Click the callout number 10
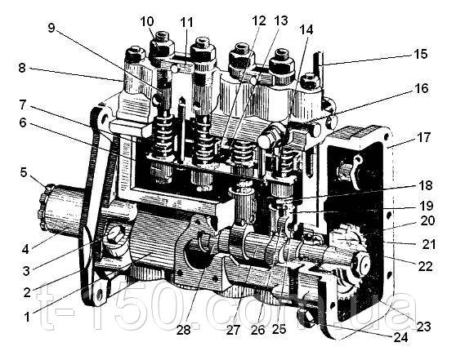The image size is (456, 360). point(147,22)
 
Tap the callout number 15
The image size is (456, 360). point(420,55)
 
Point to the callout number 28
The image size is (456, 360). point(184,330)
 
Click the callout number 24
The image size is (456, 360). point(400,338)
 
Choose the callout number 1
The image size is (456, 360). point(27,317)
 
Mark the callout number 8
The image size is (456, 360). point(22,69)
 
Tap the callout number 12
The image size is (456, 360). point(259,21)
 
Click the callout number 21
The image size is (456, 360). point(429,244)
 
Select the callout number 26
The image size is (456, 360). point(258,330)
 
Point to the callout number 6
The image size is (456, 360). point(23,123)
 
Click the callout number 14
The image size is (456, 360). point(306,29)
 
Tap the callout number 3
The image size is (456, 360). point(26,271)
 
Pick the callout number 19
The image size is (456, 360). point(426,206)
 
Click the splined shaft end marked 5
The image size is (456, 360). point(44,207)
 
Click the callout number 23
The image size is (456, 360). point(423,327)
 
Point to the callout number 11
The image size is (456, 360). point(186,22)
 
